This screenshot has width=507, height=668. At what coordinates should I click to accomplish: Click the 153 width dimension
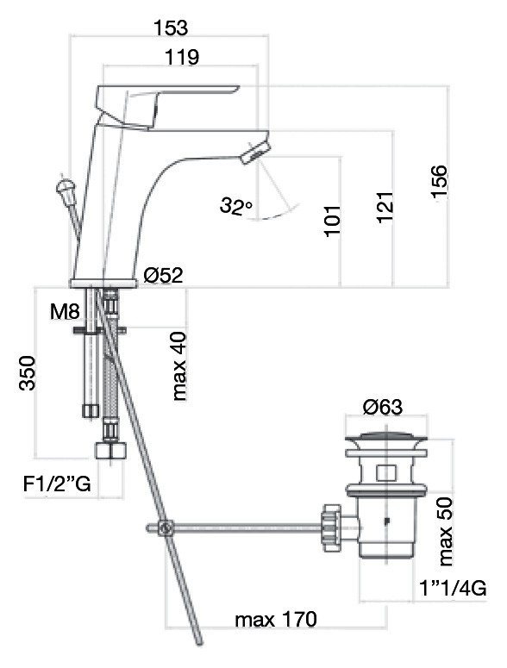[x=170, y=28]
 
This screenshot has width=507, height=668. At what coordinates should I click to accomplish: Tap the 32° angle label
[x=236, y=206]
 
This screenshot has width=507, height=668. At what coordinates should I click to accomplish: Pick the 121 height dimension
[x=385, y=207]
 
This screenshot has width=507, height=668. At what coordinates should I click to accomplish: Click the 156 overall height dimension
[x=438, y=182]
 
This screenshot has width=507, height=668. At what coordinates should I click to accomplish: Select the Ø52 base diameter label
[x=164, y=275]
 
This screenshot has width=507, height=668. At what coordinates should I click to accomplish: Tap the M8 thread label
[x=65, y=312]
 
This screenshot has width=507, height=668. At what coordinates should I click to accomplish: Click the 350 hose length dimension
[x=27, y=372]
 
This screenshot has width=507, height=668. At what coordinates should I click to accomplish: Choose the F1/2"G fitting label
[x=57, y=484]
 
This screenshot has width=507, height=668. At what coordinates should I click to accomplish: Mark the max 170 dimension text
[x=276, y=619]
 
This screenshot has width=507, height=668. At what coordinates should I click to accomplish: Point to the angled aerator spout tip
[x=253, y=152]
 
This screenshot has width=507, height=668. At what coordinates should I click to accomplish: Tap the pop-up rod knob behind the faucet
[x=65, y=187]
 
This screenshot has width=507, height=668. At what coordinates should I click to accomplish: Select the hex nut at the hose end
[x=111, y=450]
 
